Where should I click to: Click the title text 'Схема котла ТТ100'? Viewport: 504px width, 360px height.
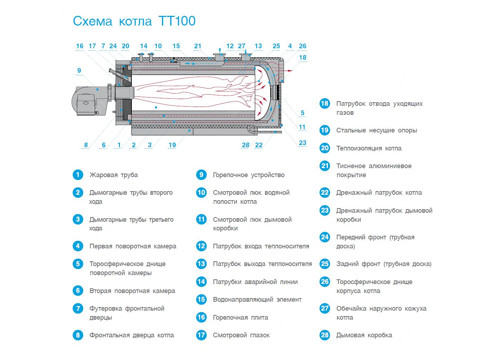134,21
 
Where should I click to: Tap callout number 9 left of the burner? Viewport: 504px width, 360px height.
79,71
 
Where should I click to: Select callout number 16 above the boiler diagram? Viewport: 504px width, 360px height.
80,46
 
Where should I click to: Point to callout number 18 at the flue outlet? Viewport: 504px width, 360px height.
303,58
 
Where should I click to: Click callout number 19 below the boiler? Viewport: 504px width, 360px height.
172,145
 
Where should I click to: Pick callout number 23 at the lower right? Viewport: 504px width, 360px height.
303,143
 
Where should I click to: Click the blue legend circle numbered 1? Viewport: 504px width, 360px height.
78,175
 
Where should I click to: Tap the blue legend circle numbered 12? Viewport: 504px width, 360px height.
201,246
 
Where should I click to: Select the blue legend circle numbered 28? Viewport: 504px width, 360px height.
325,335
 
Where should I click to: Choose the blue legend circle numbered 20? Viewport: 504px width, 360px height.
325,148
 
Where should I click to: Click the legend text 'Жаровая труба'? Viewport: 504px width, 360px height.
114,175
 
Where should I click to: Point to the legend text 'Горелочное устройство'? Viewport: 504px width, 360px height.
249,175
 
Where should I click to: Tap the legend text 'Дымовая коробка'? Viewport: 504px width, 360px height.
364,335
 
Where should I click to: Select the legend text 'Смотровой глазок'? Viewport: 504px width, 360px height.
241,335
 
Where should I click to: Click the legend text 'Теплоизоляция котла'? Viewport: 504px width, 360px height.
369,148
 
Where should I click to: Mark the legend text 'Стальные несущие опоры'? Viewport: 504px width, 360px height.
377,130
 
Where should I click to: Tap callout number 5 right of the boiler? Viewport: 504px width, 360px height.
302,113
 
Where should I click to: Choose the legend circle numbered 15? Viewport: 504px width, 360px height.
201,300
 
